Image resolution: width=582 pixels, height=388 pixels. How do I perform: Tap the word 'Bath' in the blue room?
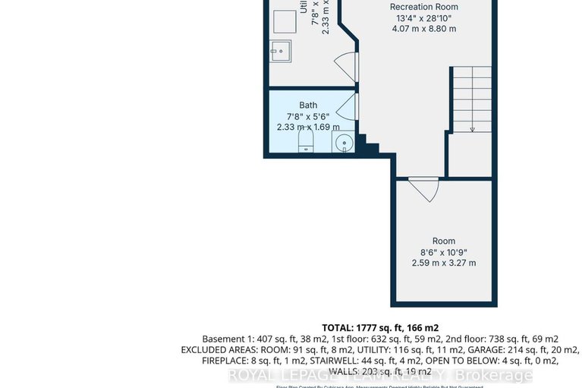pyautogui.click(x=308, y=105)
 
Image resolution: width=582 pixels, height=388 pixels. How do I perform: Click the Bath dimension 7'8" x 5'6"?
pyautogui.click(x=308, y=116)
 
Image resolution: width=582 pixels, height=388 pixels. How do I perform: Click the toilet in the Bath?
pyautogui.click(x=305, y=141)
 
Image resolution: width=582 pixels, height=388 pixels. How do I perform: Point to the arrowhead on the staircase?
pyautogui.click(x=472, y=129)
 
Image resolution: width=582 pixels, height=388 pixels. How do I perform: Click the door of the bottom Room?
pyautogui.click(x=423, y=188)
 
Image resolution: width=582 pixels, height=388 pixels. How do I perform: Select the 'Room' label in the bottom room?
pyautogui.click(x=444, y=241)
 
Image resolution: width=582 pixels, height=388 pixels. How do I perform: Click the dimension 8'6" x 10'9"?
pyautogui.click(x=444, y=251)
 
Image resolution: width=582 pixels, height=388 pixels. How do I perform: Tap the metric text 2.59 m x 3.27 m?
pyautogui.click(x=444, y=263)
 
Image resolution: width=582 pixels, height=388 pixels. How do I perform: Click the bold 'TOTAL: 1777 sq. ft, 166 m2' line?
pyautogui.click(x=380, y=327)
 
